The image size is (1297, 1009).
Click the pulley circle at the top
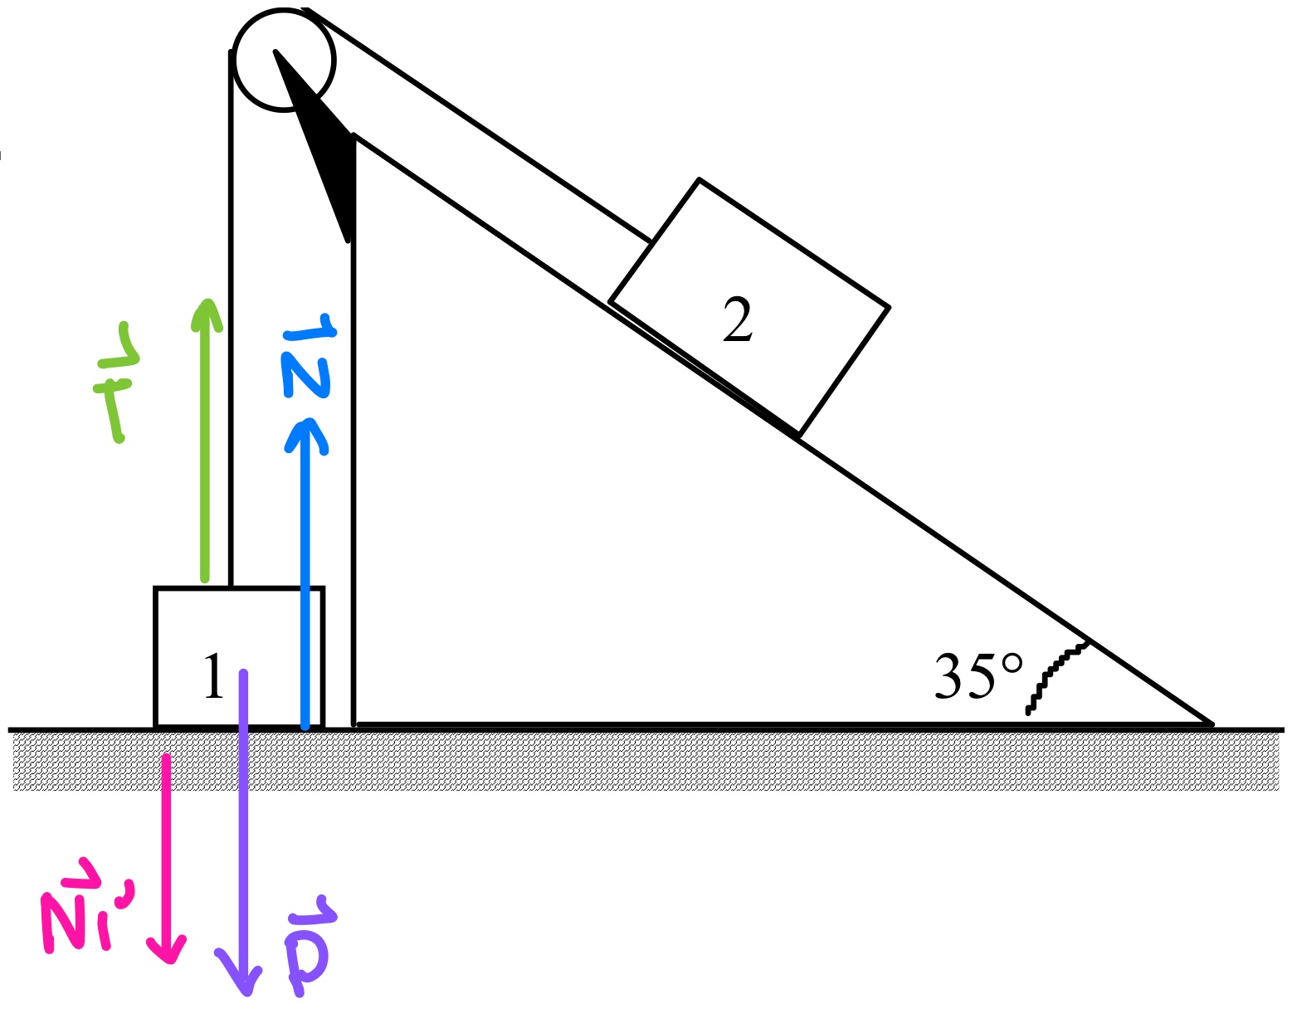tap(284, 60)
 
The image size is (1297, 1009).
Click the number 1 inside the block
tap(213, 677)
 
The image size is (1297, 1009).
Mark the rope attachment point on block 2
tap(651, 241)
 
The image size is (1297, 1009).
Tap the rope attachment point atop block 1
tap(231, 587)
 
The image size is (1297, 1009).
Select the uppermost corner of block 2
tap(700, 179)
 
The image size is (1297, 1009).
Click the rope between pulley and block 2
tap(481, 129)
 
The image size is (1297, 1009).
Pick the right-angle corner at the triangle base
tap(354, 724)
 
